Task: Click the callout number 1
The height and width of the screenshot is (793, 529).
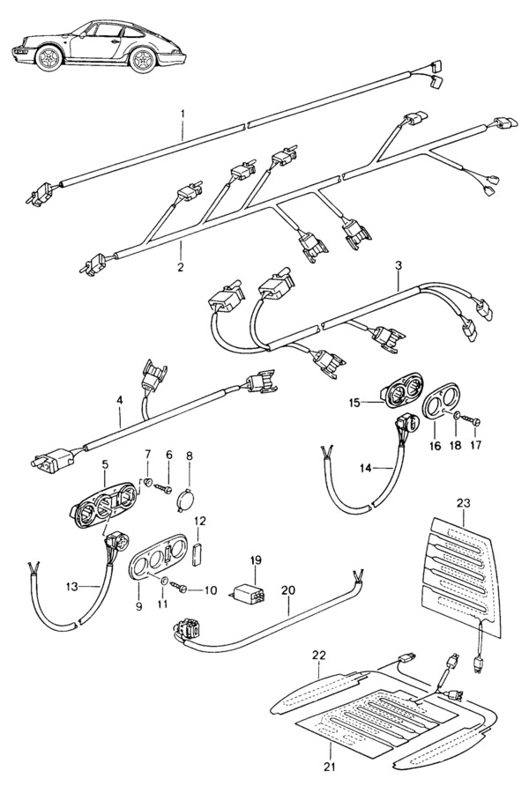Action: (183, 113)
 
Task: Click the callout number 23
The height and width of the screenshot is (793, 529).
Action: (463, 503)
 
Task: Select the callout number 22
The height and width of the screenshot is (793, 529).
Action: (319, 656)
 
